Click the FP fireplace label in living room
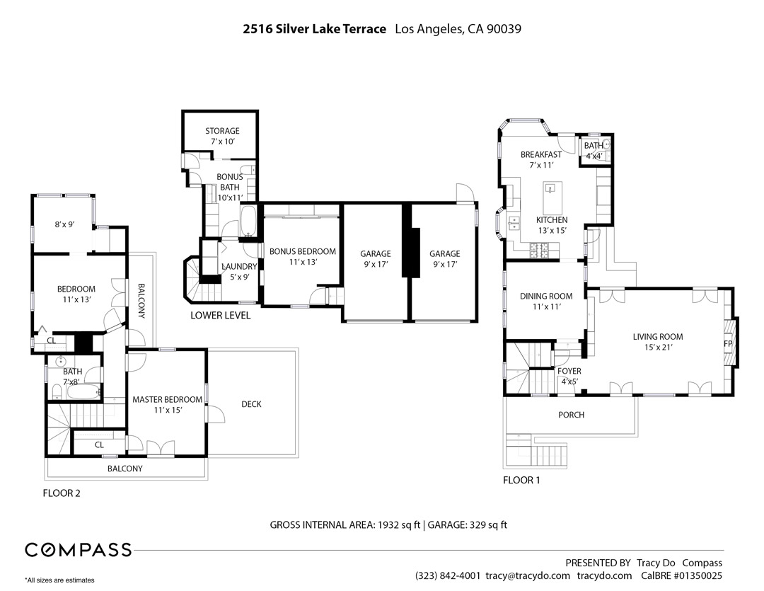[727, 344]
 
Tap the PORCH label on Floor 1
[571, 415]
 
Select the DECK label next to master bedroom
[251, 404]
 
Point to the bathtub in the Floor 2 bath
[79, 391]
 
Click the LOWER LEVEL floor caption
[220, 316]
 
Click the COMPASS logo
[79, 550]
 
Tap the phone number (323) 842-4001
[448, 575]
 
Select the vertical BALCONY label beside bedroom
[141, 301]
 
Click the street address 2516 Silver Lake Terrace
[314, 29]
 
